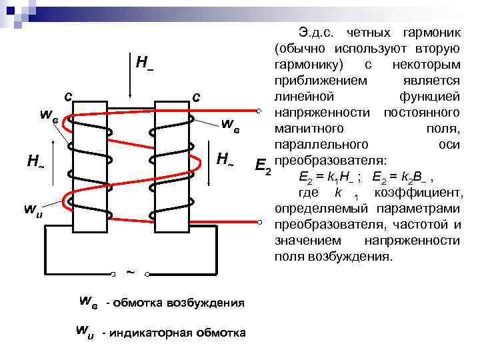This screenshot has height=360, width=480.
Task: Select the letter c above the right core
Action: (x=196, y=97)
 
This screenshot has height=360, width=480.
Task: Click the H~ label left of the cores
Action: (x=35, y=161)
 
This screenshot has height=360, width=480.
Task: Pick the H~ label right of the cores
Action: (x=225, y=159)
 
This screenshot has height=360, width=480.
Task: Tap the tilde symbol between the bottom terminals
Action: (x=130, y=271)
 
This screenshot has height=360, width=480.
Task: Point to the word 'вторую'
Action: (x=437, y=49)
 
